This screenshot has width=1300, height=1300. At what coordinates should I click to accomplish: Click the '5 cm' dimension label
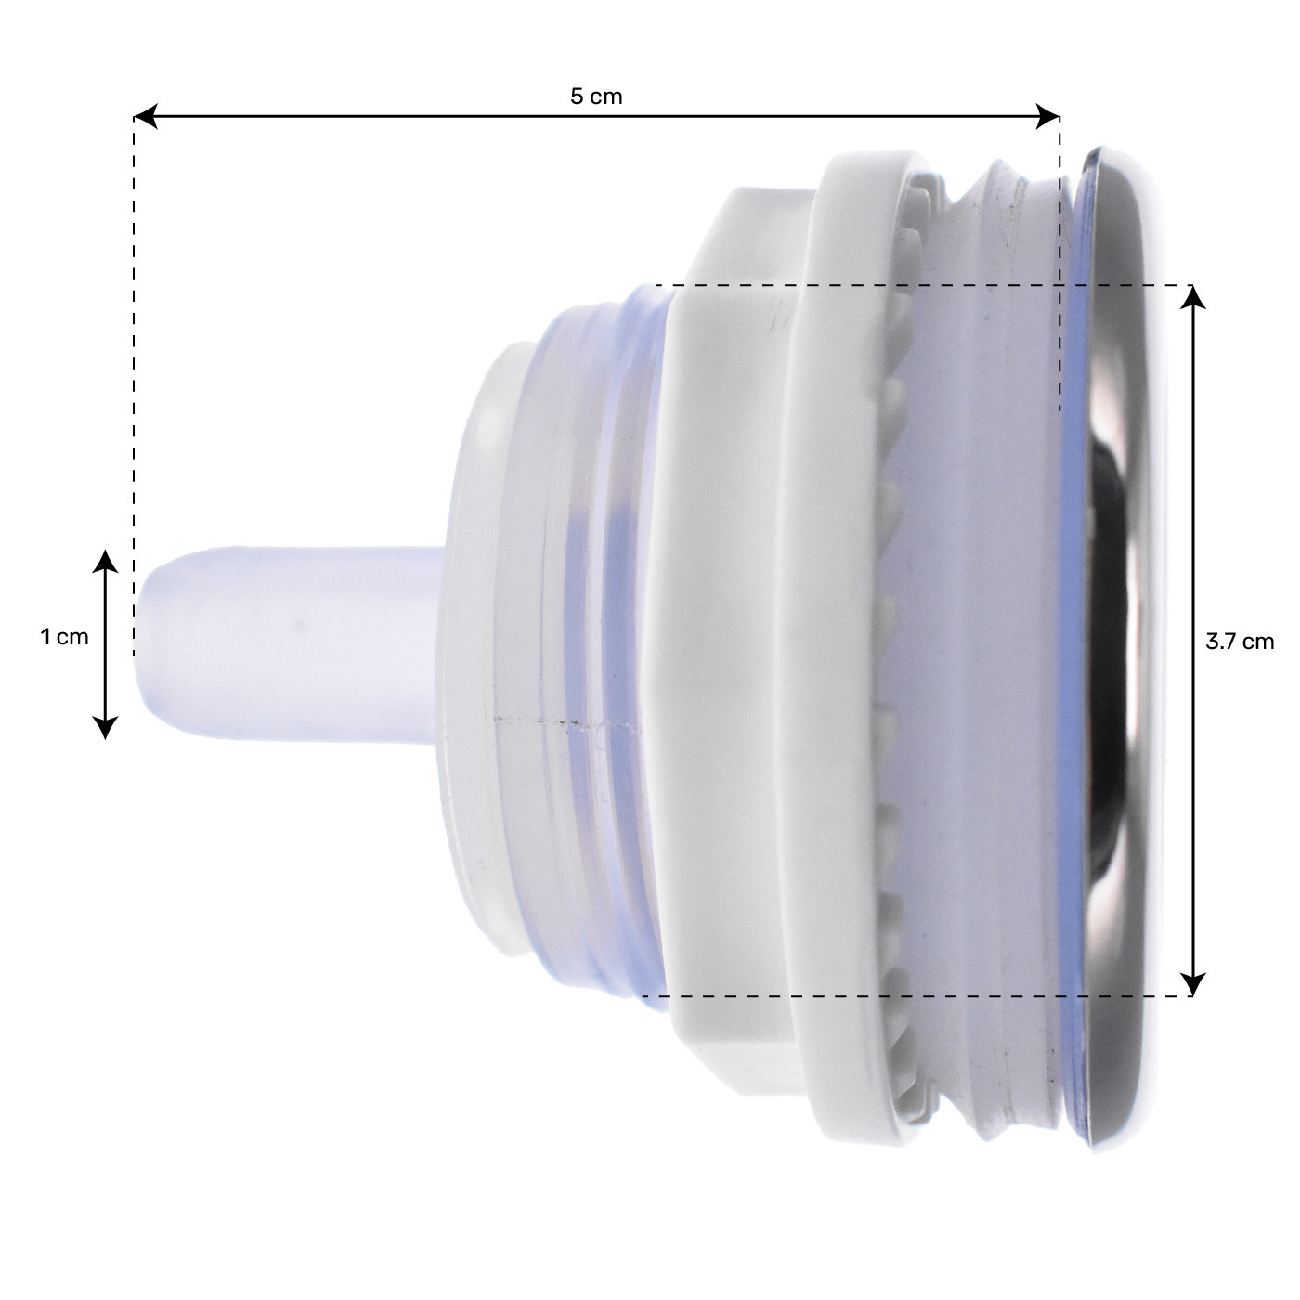(596, 97)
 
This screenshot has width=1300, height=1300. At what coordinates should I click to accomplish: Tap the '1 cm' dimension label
(64, 637)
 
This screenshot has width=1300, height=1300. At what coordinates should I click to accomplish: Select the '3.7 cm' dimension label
(1239, 642)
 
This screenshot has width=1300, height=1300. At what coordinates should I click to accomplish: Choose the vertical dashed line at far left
(134, 371)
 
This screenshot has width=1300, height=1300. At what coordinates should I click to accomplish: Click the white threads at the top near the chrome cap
(1003, 186)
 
